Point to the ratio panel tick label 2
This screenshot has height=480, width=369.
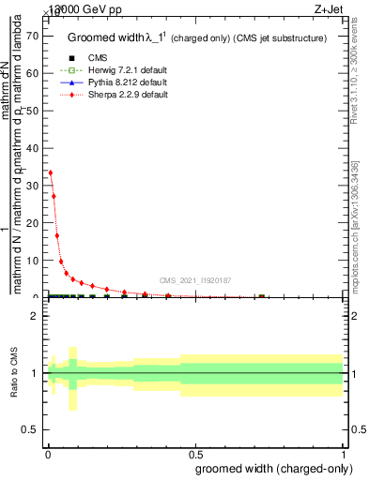tap(34, 317)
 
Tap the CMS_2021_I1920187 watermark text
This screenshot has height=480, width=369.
tap(194, 280)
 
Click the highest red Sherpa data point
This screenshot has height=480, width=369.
tap(51, 172)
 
